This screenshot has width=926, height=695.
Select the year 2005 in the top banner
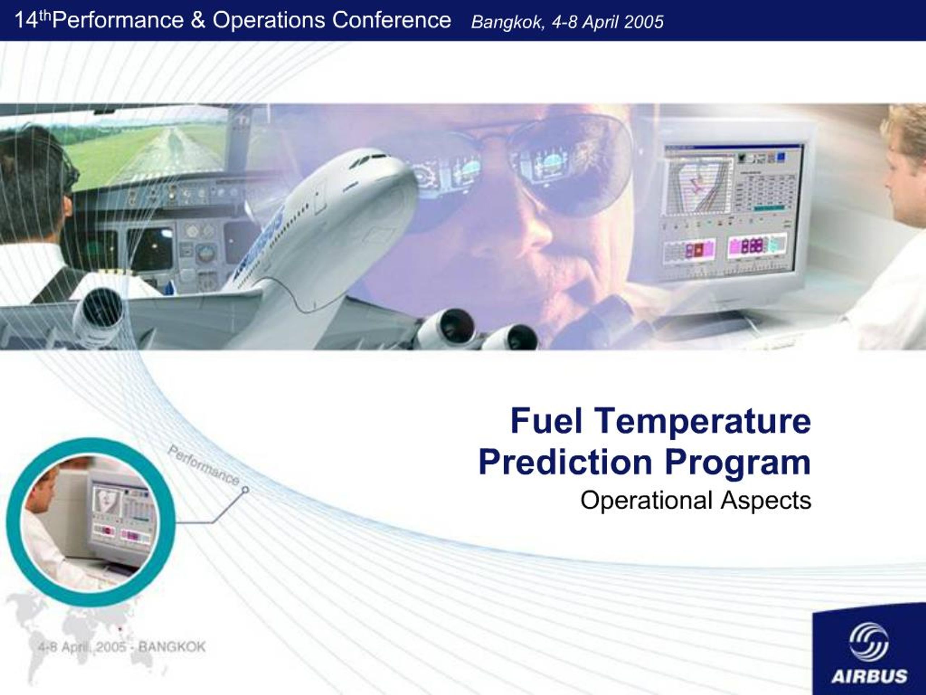click(643, 22)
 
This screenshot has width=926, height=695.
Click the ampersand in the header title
click(198, 20)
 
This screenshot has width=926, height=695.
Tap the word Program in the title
click(738, 463)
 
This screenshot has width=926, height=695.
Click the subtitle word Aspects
click(766, 501)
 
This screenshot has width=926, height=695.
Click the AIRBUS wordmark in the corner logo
click(869, 676)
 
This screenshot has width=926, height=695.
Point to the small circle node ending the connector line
click(246, 489)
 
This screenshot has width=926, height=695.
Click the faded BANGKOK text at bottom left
click(172, 647)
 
